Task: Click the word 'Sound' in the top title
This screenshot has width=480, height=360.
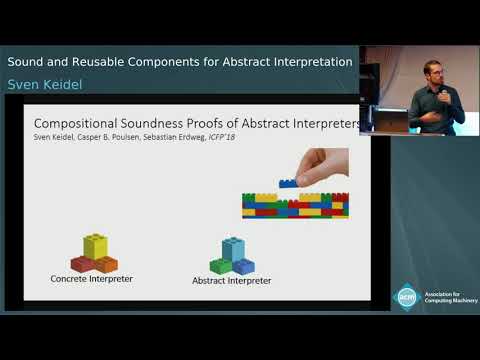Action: coord(29,62)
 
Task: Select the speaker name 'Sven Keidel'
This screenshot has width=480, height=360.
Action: coord(45,86)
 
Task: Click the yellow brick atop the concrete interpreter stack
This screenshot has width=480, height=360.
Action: coord(95,245)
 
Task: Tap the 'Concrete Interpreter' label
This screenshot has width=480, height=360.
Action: coord(91,278)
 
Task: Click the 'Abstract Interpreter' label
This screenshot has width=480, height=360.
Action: coord(231,281)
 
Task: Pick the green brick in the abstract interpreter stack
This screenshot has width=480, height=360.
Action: coord(221,265)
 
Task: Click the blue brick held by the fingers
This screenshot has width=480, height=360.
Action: coord(288,183)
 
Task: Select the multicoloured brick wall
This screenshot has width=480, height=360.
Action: coord(295,205)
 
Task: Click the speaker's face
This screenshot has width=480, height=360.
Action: coord(433,73)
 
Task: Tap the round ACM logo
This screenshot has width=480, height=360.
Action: coord(406,297)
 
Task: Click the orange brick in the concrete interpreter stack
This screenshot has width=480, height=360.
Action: coord(106,264)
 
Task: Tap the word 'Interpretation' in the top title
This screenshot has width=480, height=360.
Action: coord(308,62)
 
